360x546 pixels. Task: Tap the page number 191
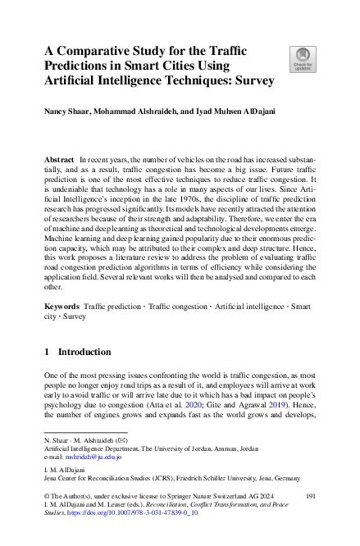tap(310, 496)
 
